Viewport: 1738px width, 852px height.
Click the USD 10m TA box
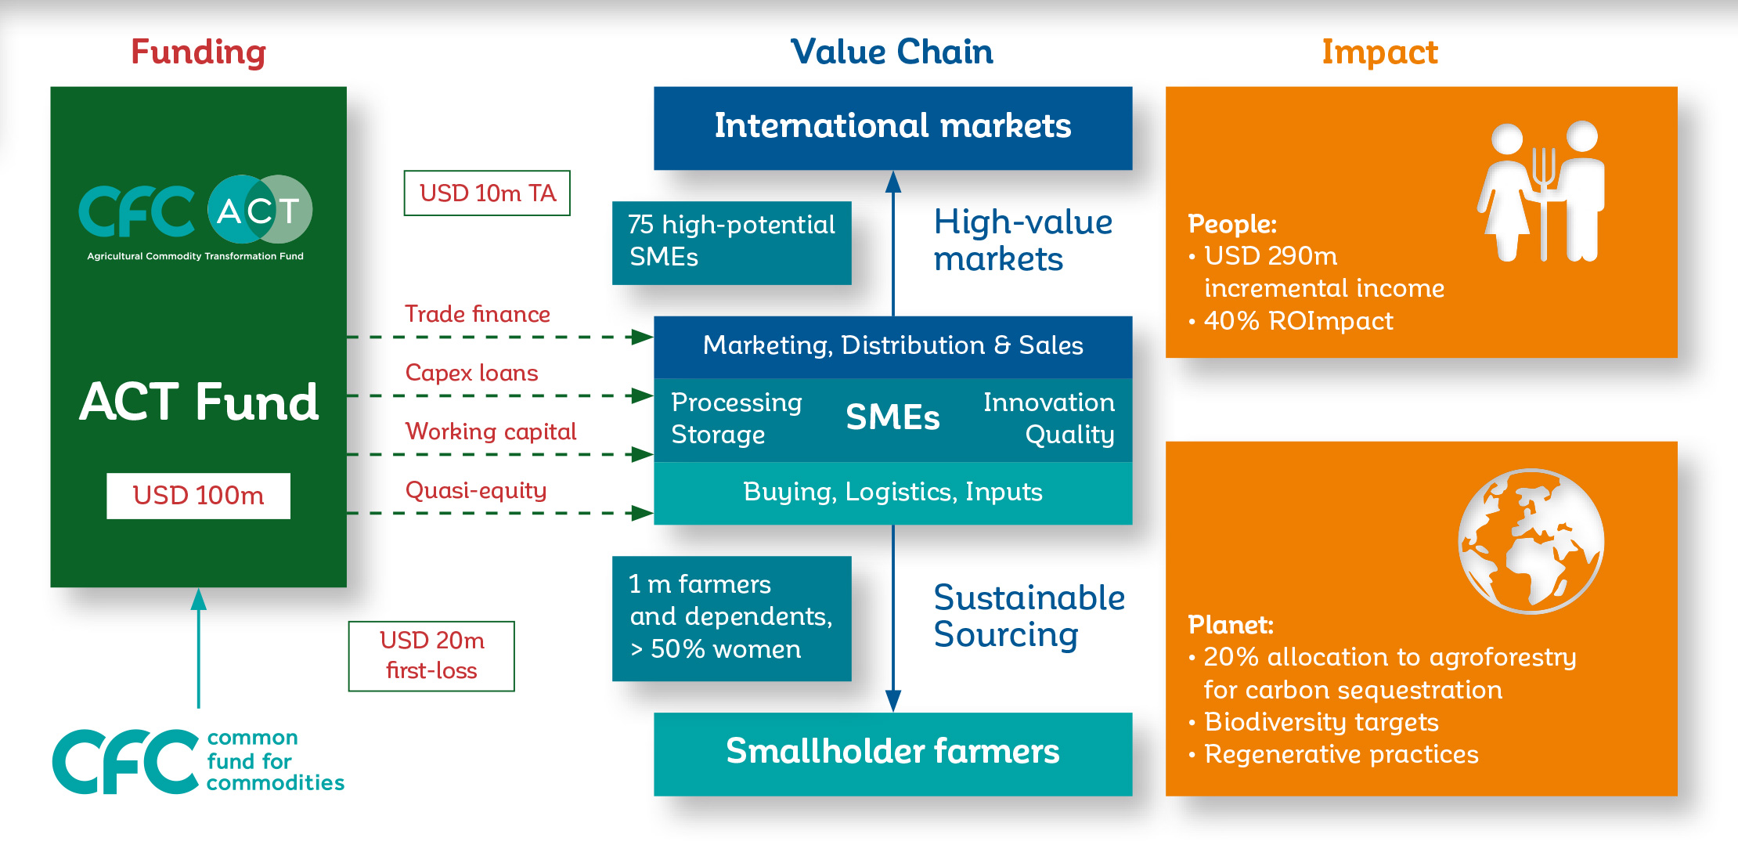487,193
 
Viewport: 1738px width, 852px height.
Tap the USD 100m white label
198,496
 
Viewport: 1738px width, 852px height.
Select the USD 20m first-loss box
431,656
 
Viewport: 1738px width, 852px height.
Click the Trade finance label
478,314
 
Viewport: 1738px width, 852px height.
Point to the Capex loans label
471,374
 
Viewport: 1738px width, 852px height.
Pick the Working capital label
491,431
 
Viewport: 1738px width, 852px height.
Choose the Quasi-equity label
476,491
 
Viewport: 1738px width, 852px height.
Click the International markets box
893,128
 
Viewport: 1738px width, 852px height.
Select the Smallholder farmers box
893,753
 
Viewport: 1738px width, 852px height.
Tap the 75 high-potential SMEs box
731,243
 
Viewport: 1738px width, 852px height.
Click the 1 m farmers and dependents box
731,618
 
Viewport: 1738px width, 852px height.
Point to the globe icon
1531,541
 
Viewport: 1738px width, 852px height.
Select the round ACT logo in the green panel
260,209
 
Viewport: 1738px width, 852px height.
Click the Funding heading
199,52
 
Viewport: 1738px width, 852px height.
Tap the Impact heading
1380,52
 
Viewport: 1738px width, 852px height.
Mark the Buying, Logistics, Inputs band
893,493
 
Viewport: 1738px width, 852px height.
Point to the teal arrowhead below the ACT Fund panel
199,599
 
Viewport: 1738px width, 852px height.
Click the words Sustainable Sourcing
1029,616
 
